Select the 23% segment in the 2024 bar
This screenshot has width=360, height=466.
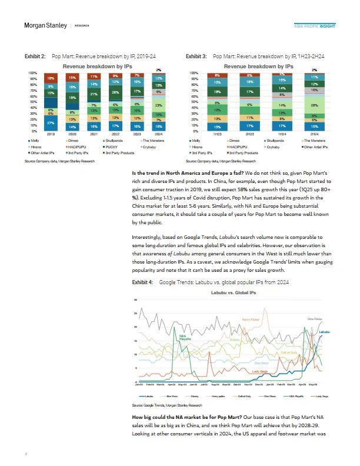(x=159, y=105)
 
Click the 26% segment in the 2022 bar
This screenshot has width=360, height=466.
(x=115, y=92)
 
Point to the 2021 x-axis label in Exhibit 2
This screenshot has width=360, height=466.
(x=94, y=135)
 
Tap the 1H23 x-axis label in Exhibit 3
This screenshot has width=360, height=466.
(x=218, y=135)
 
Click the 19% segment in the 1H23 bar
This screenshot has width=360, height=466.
(x=218, y=110)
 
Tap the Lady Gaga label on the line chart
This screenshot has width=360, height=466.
(x=261, y=372)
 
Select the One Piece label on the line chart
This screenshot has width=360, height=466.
(x=315, y=318)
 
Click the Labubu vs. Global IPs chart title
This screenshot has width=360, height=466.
(x=235, y=292)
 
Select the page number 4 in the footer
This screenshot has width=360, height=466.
(x=26, y=454)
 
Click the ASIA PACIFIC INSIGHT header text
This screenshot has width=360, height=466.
(x=315, y=26)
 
